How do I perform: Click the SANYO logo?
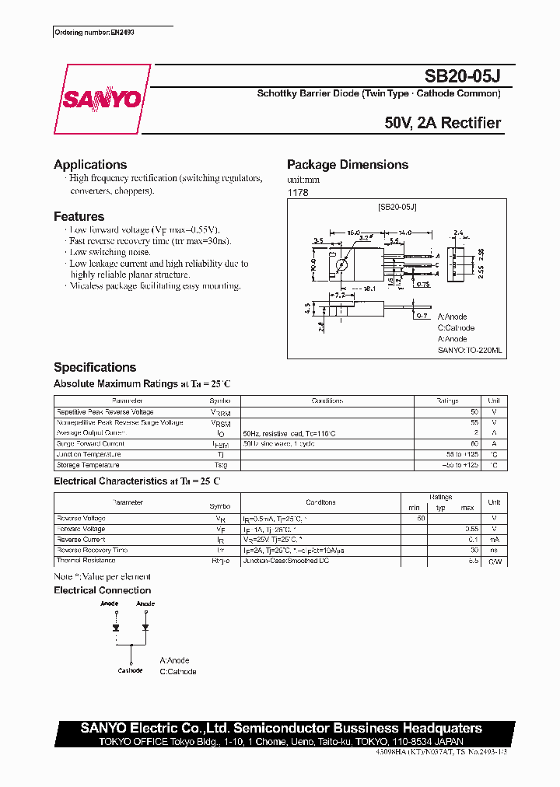(101, 100)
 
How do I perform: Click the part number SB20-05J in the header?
(463, 76)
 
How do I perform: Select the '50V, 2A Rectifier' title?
(443, 123)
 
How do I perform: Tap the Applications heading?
(90, 165)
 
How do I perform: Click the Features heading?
(79, 217)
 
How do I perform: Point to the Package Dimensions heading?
(348, 165)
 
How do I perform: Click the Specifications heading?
(95, 368)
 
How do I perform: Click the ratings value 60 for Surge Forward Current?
(474, 444)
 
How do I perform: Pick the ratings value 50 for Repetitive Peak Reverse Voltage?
(474, 412)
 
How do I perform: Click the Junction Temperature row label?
(89, 454)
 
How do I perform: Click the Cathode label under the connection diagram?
(130, 670)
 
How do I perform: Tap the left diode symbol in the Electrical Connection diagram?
(115, 627)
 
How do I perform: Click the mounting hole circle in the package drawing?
(341, 264)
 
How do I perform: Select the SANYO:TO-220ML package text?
(470, 351)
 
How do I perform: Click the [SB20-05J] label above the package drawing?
(397, 207)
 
